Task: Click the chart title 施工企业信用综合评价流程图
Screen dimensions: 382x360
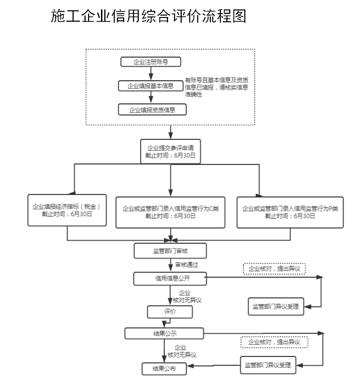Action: [149, 17]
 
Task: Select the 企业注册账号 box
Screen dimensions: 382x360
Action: [151, 62]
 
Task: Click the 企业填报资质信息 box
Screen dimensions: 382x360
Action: [152, 110]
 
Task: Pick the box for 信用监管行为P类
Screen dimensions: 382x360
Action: [290, 212]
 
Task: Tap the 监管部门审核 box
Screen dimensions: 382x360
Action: [170, 251]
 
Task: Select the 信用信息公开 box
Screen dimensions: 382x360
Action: [170, 279]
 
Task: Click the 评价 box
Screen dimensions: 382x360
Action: [170, 312]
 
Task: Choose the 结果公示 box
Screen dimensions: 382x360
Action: [165, 333]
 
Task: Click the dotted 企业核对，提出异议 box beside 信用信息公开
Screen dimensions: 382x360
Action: [275, 269]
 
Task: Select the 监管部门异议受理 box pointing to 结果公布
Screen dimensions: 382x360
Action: [267, 365]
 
